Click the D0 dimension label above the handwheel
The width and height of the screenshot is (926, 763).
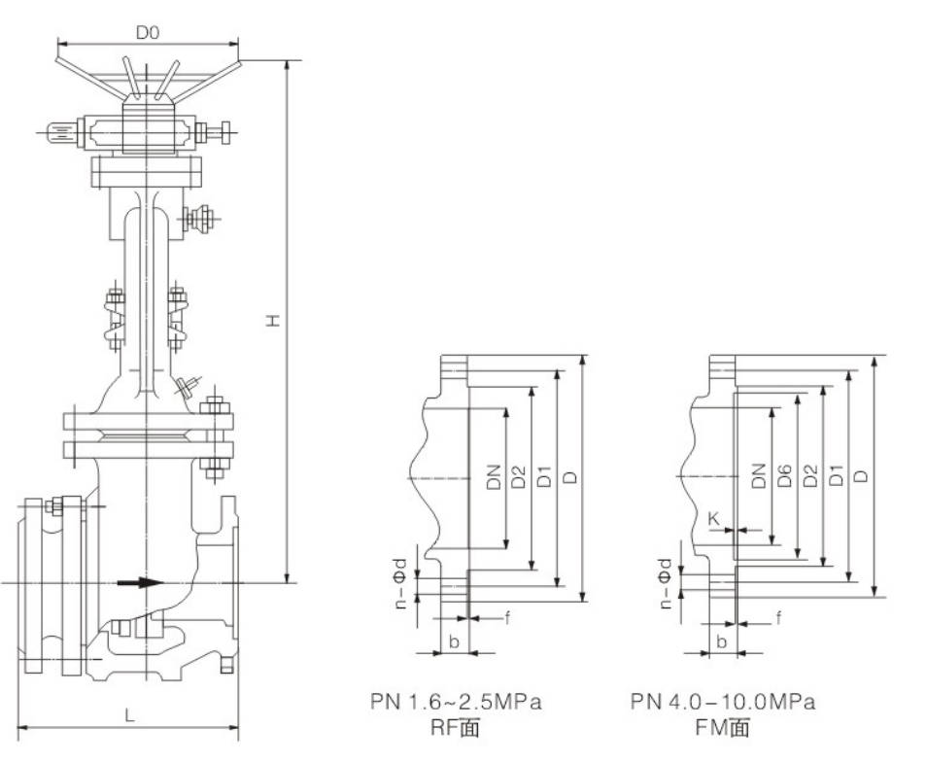click(x=147, y=33)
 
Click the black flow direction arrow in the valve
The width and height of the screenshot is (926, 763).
click(x=138, y=583)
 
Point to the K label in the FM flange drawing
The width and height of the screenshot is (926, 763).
click(x=714, y=519)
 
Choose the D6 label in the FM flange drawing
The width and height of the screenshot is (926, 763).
click(x=784, y=475)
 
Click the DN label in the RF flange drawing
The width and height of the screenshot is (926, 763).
click(x=494, y=476)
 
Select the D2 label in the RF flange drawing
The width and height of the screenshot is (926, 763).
click(x=519, y=476)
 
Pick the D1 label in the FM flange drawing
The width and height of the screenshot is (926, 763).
click(x=836, y=475)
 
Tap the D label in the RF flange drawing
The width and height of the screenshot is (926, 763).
click(x=570, y=476)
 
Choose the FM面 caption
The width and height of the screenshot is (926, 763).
click(x=722, y=727)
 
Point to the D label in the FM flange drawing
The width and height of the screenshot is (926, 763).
click(x=862, y=475)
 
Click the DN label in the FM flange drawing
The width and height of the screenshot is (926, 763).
click(x=758, y=475)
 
